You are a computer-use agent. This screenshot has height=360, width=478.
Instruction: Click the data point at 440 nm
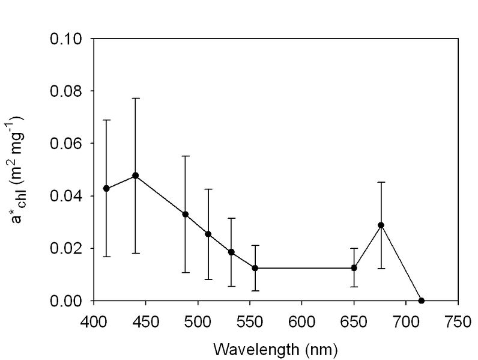click(x=136, y=175)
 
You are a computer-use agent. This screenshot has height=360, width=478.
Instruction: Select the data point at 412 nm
click(x=106, y=188)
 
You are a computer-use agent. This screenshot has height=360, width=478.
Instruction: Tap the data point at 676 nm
click(x=381, y=225)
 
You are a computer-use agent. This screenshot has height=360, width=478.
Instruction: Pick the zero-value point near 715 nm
click(x=422, y=301)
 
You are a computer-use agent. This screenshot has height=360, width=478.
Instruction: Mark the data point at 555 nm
click(x=255, y=268)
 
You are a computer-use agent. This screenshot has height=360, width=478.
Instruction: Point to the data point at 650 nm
click(x=354, y=268)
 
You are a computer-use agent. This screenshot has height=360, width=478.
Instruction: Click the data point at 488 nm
click(x=186, y=214)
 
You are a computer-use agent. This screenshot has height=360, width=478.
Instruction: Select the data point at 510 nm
click(x=208, y=234)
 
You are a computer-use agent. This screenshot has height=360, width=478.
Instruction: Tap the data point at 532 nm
click(x=231, y=252)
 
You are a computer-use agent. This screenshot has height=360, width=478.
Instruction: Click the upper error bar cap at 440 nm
click(x=136, y=98)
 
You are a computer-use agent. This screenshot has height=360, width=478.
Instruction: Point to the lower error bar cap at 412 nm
click(x=106, y=257)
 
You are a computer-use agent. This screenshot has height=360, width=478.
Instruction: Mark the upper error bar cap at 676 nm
click(x=381, y=182)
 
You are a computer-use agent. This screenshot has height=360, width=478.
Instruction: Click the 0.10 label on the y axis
click(x=67, y=39)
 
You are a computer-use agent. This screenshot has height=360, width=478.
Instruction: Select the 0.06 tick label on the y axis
click(x=67, y=144)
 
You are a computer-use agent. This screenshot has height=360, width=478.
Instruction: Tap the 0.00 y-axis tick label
click(x=67, y=301)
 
